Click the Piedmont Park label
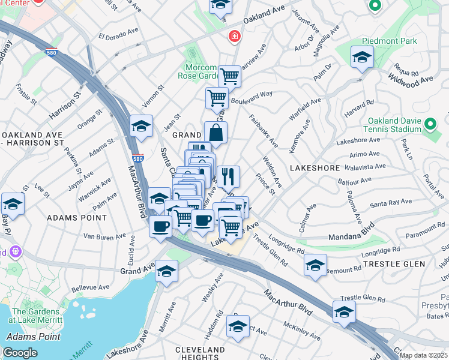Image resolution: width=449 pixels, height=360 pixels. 384,41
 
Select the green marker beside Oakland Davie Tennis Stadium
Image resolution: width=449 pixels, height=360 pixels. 430,125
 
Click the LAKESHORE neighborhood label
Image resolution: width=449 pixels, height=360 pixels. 315,168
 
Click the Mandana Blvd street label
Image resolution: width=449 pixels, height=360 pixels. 351,233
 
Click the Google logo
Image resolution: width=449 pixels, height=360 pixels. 20,353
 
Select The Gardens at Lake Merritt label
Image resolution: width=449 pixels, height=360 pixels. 36,316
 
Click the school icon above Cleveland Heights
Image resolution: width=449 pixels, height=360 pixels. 238,326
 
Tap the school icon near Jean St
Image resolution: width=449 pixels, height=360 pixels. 141,125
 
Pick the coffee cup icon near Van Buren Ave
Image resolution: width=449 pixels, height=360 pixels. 160,226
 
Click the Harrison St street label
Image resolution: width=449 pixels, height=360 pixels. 65,104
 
